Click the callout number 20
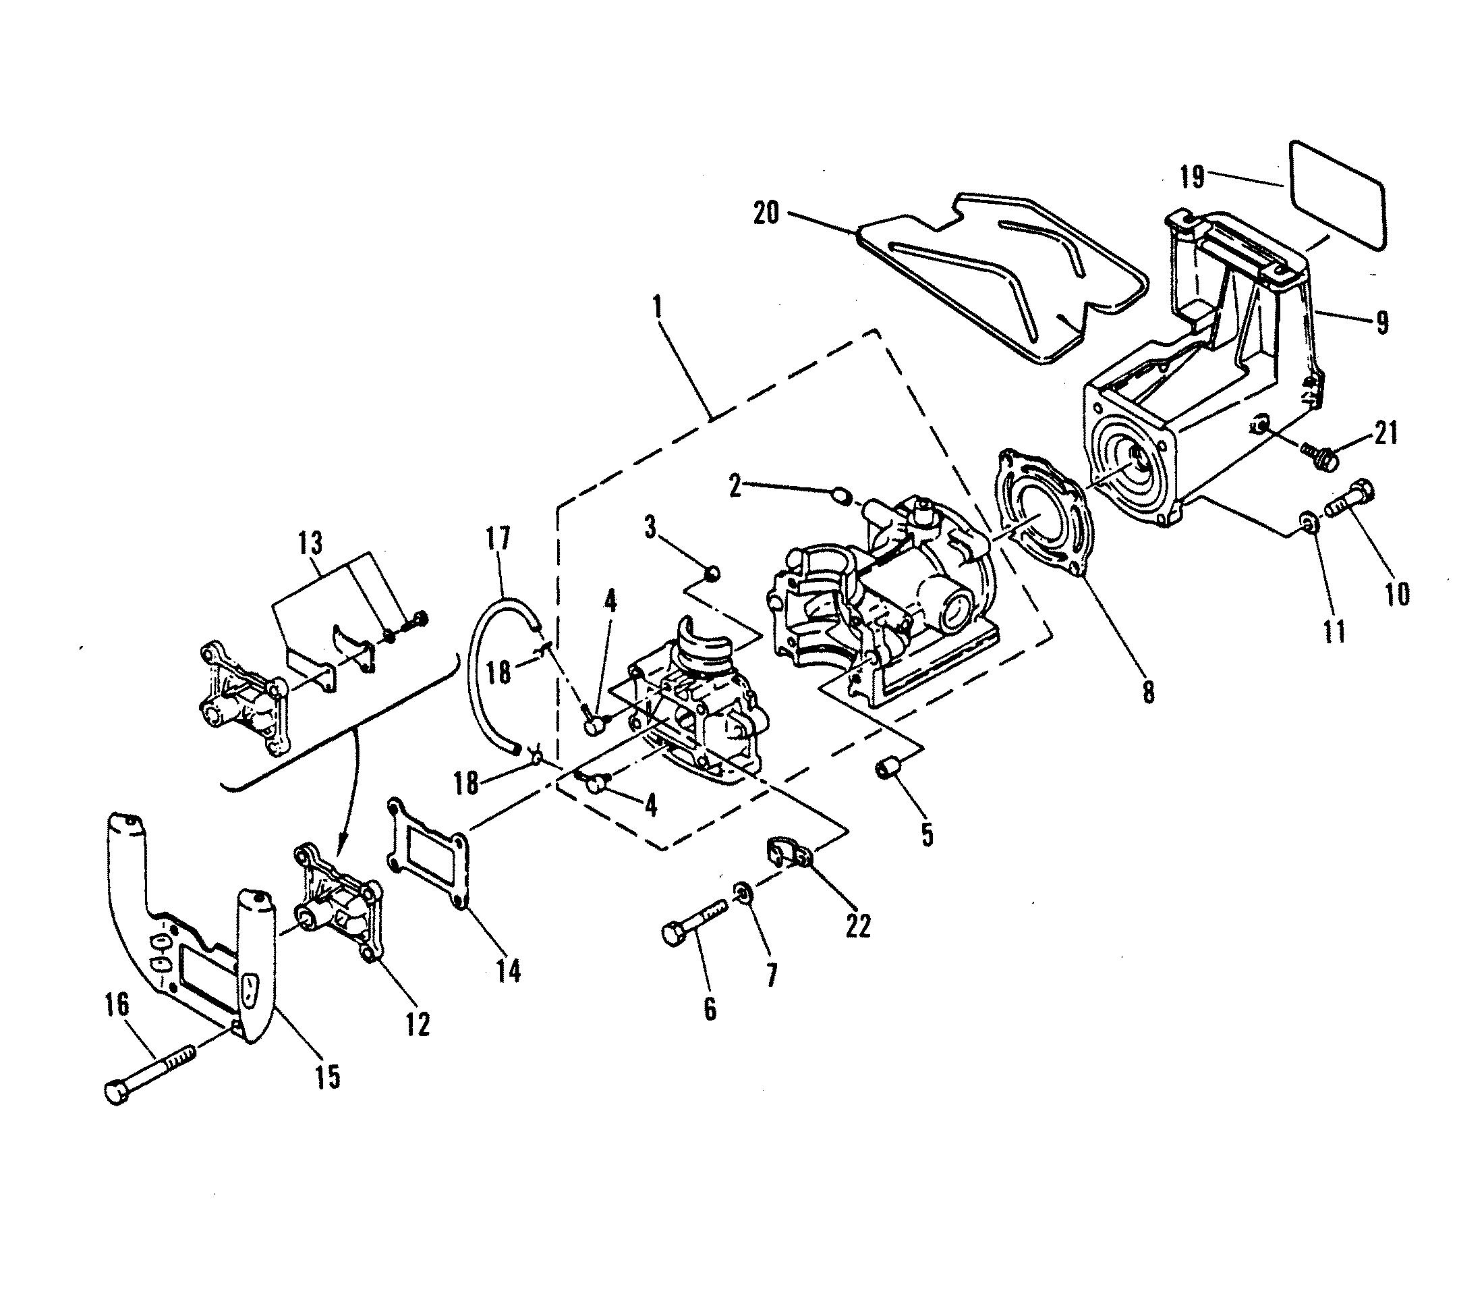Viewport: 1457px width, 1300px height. (x=766, y=213)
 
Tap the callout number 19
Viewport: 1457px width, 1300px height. (x=1192, y=176)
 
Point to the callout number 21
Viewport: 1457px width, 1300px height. (x=1385, y=433)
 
